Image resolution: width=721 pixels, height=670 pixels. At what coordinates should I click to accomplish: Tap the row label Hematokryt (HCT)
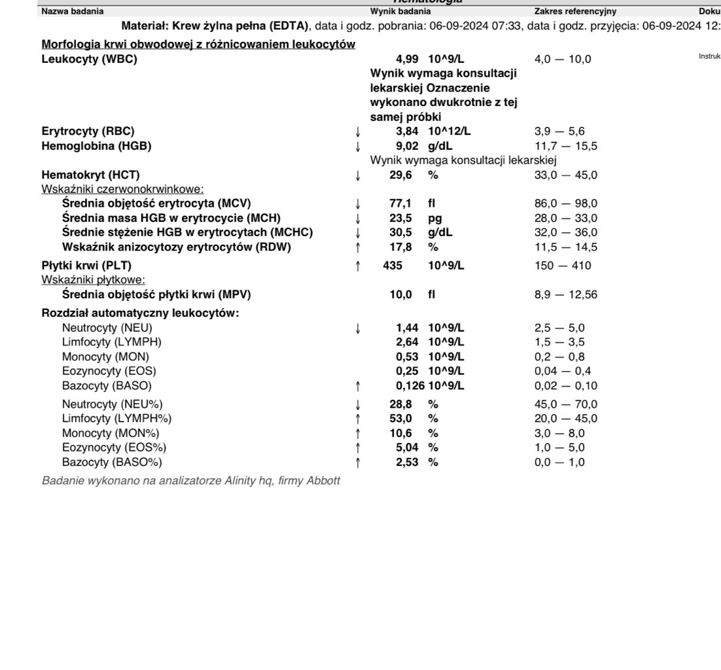pyautogui.click(x=91, y=175)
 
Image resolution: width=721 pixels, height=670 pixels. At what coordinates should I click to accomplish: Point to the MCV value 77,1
pyautogui.click(x=400, y=203)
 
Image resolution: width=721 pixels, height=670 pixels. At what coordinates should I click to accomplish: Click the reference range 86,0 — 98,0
pyautogui.click(x=566, y=203)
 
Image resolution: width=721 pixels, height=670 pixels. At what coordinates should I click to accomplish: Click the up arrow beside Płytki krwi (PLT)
pyautogui.click(x=357, y=266)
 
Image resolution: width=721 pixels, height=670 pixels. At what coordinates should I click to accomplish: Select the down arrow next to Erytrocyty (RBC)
pyautogui.click(x=357, y=132)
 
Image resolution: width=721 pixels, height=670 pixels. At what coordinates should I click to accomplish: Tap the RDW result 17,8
pyautogui.click(x=400, y=247)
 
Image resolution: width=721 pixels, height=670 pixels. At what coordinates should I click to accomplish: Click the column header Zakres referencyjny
pyautogui.click(x=575, y=11)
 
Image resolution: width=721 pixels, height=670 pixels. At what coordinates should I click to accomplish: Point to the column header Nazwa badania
pyautogui.click(x=72, y=11)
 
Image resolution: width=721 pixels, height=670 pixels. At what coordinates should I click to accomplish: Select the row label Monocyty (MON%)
pyautogui.click(x=111, y=433)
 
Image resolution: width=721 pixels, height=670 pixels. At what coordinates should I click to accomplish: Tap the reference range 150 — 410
pyautogui.click(x=563, y=266)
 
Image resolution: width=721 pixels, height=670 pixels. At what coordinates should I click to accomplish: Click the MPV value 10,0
pyautogui.click(x=400, y=295)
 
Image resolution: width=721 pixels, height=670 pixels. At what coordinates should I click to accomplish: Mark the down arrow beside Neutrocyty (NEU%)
pyautogui.click(x=357, y=404)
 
